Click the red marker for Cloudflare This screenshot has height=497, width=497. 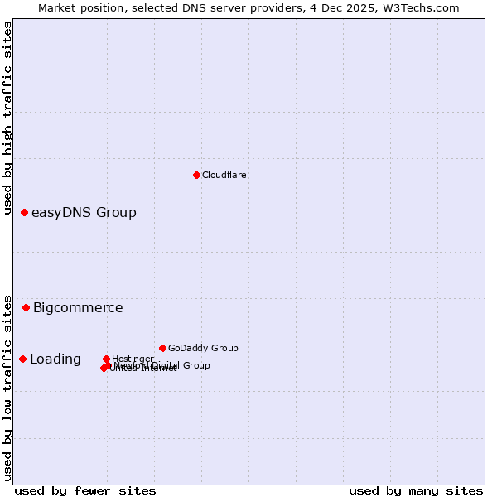196,175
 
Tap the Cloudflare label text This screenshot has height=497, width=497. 224,175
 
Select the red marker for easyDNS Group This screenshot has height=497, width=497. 25,213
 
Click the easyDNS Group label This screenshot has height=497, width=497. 84,213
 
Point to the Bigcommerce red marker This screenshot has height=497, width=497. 27,307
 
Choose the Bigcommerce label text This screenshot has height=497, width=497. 78,308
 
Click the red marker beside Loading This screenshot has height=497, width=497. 23,359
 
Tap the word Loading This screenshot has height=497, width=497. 55,359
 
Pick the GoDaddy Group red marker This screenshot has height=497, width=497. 162,348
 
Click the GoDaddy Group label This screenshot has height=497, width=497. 203,348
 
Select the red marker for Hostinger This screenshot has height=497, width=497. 107,359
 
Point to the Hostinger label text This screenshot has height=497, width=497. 133,359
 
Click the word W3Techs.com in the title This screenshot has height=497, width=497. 423,7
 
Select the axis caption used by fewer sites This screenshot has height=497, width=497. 85,490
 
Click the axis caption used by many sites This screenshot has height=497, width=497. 416,490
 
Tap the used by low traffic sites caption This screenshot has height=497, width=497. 7,387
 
